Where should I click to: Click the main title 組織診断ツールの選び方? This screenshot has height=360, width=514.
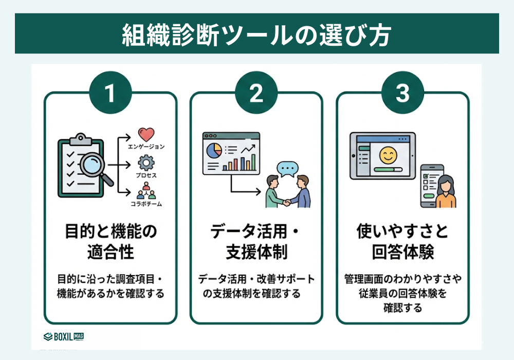pyautogui.click(x=256, y=34)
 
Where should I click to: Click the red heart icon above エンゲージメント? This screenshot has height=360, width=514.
pyautogui.click(x=146, y=135)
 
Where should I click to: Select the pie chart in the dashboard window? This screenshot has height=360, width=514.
pyautogui.click(x=214, y=150)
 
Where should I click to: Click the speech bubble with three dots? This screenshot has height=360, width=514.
pyautogui.click(x=287, y=169)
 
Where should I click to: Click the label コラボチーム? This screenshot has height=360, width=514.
pyautogui.click(x=146, y=204)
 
